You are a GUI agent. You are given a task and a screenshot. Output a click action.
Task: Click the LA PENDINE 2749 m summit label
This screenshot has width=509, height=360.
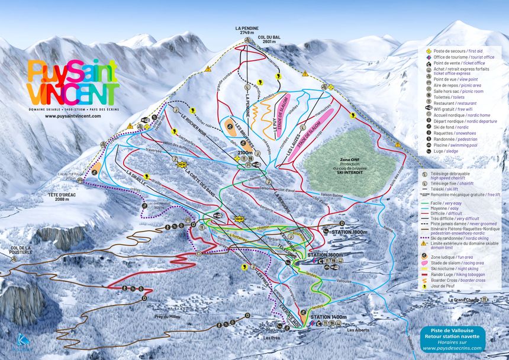point(247,30)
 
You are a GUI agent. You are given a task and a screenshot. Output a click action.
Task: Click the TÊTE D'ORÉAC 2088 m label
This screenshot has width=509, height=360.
point(59,197)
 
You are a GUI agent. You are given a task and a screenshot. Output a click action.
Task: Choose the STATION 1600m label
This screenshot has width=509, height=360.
point(326,255)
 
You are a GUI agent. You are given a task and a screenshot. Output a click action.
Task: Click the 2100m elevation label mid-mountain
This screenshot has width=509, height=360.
point(245,153)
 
